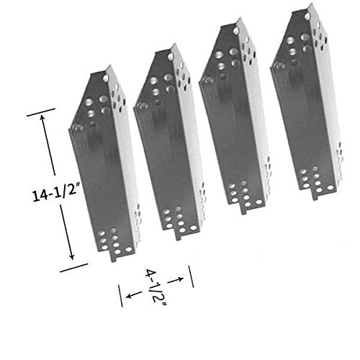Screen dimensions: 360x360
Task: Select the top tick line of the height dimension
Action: point(41,112)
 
